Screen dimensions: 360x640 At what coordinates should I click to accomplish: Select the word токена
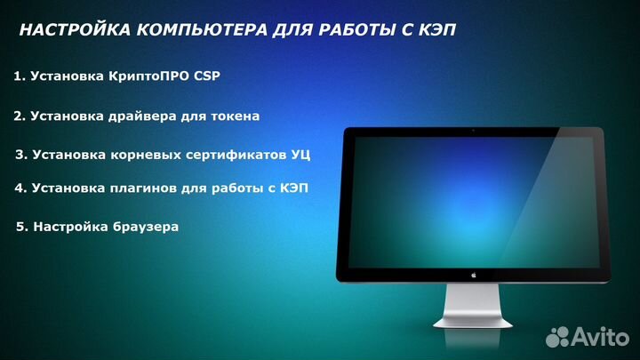click(235, 116)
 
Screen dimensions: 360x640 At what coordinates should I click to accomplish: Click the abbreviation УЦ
click(300, 155)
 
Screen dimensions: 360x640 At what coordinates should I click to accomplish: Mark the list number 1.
click(18, 76)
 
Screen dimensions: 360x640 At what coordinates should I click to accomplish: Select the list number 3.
click(20, 155)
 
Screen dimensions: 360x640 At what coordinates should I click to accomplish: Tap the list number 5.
click(20, 227)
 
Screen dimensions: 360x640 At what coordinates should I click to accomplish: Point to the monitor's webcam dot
click(473, 132)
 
